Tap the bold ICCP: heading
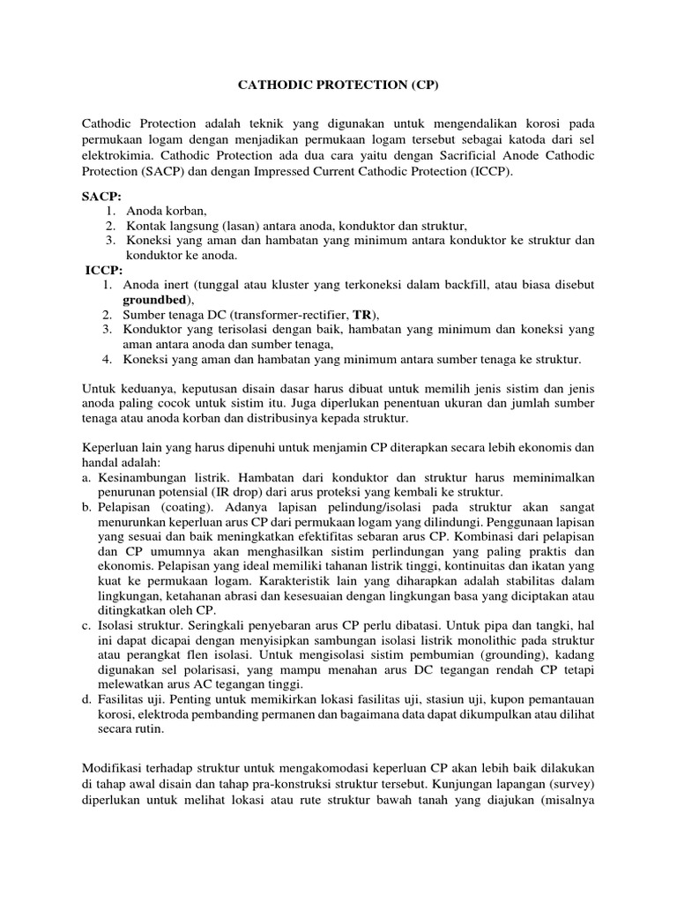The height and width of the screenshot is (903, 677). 104,270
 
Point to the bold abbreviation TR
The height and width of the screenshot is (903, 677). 361,315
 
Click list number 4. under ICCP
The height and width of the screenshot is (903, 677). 107,360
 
